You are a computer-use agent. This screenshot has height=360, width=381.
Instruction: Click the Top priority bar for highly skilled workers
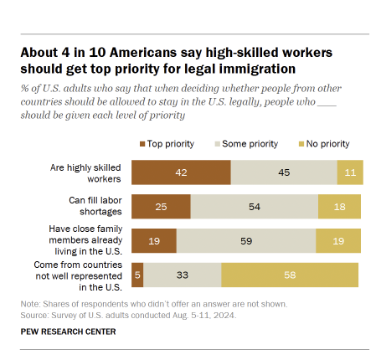(x=180, y=172)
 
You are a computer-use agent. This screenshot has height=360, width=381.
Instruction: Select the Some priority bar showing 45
(x=284, y=172)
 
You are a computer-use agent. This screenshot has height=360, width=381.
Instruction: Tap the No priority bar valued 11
(x=350, y=172)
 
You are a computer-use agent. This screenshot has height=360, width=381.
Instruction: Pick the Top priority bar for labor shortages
(x=161, y=206)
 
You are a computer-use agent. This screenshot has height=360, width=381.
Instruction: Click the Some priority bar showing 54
(x=255, y=206)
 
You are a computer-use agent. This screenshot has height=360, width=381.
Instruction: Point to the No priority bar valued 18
(x=339, y=206)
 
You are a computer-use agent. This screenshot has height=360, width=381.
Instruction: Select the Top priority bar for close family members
(x=154, y=240)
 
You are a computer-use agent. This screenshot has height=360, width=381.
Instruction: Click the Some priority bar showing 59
(x=246, y=240)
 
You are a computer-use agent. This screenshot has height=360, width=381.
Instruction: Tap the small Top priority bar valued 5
(x=137, y=274)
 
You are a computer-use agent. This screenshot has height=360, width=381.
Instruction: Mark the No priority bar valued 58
(x=290, y=274)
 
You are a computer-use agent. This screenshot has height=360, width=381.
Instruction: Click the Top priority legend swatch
(x=143, y=144)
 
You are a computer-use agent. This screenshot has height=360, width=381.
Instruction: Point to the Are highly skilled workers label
(x=87, y=172)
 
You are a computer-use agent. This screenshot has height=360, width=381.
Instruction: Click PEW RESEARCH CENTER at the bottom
(x=69, y=332)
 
